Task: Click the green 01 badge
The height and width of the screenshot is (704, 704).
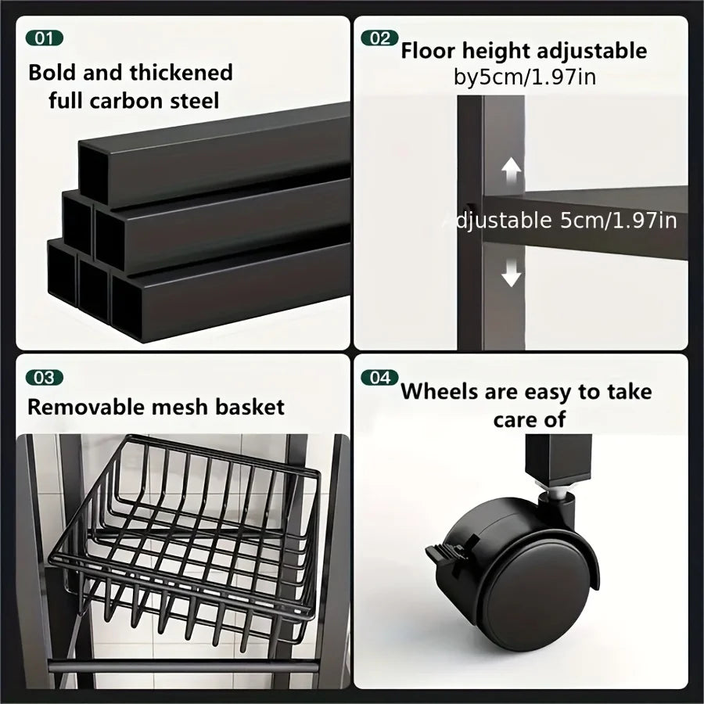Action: (45, 38)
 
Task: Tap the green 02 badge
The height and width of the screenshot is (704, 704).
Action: (379, 38)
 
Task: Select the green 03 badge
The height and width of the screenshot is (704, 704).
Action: (45, 378)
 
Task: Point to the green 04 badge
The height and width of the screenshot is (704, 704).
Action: (379, 378)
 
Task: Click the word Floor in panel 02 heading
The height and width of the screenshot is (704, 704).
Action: (430, 52)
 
